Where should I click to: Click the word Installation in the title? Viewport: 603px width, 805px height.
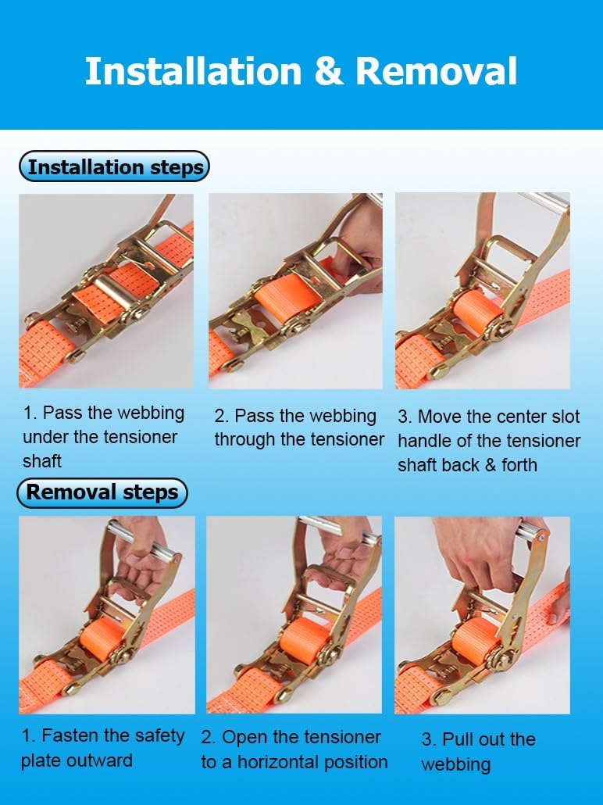point(192,71)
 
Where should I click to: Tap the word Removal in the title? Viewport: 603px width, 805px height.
point(437,71)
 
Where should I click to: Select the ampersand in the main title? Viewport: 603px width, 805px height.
point(329,71)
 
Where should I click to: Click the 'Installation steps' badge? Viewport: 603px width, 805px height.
point(115,167)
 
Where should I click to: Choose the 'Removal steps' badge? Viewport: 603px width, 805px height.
point(102,492)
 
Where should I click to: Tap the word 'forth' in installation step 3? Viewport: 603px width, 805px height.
point(519,465)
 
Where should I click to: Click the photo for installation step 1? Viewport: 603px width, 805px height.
point(106,291)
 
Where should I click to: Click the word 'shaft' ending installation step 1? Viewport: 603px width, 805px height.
point(42,461)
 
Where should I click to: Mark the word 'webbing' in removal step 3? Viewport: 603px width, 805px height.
point(456,764)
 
